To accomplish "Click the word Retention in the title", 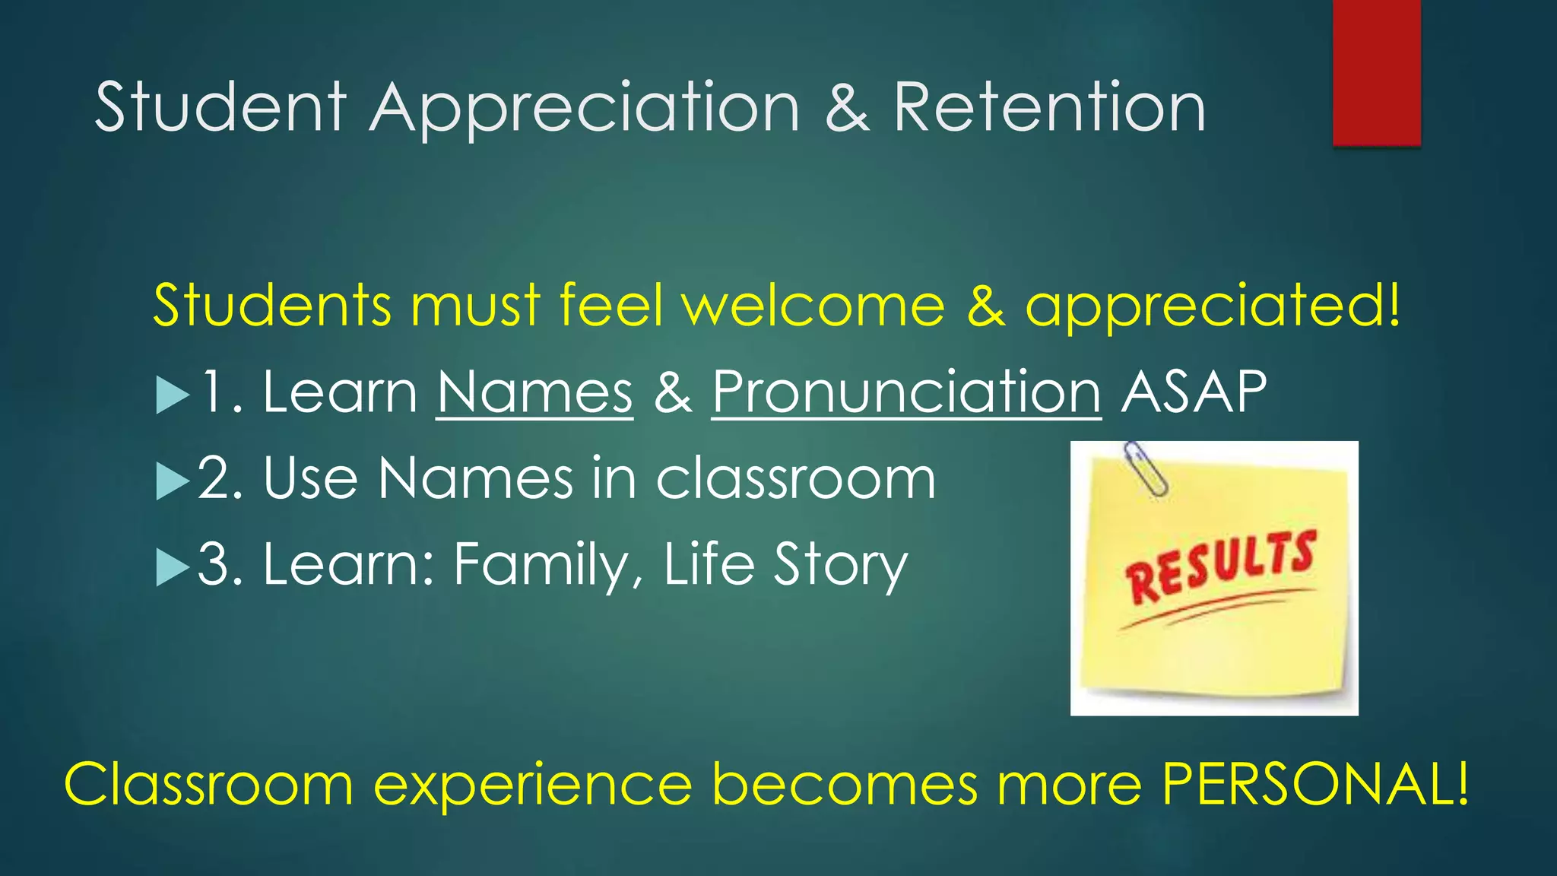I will [1049, 108].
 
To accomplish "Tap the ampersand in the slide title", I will [847, 108].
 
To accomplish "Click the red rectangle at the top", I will [1376, 72].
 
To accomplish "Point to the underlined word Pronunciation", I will [906, 392].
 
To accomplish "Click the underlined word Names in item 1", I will [534, 392].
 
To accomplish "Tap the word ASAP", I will [1194, 392].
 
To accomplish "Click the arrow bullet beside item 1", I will [173, 396].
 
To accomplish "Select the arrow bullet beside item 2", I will [173, 482].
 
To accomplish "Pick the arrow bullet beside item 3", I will [173, 568].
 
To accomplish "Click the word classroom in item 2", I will [795, 479].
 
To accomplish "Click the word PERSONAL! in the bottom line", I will [1315, 784].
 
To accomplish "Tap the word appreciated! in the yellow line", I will [1213, 306].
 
